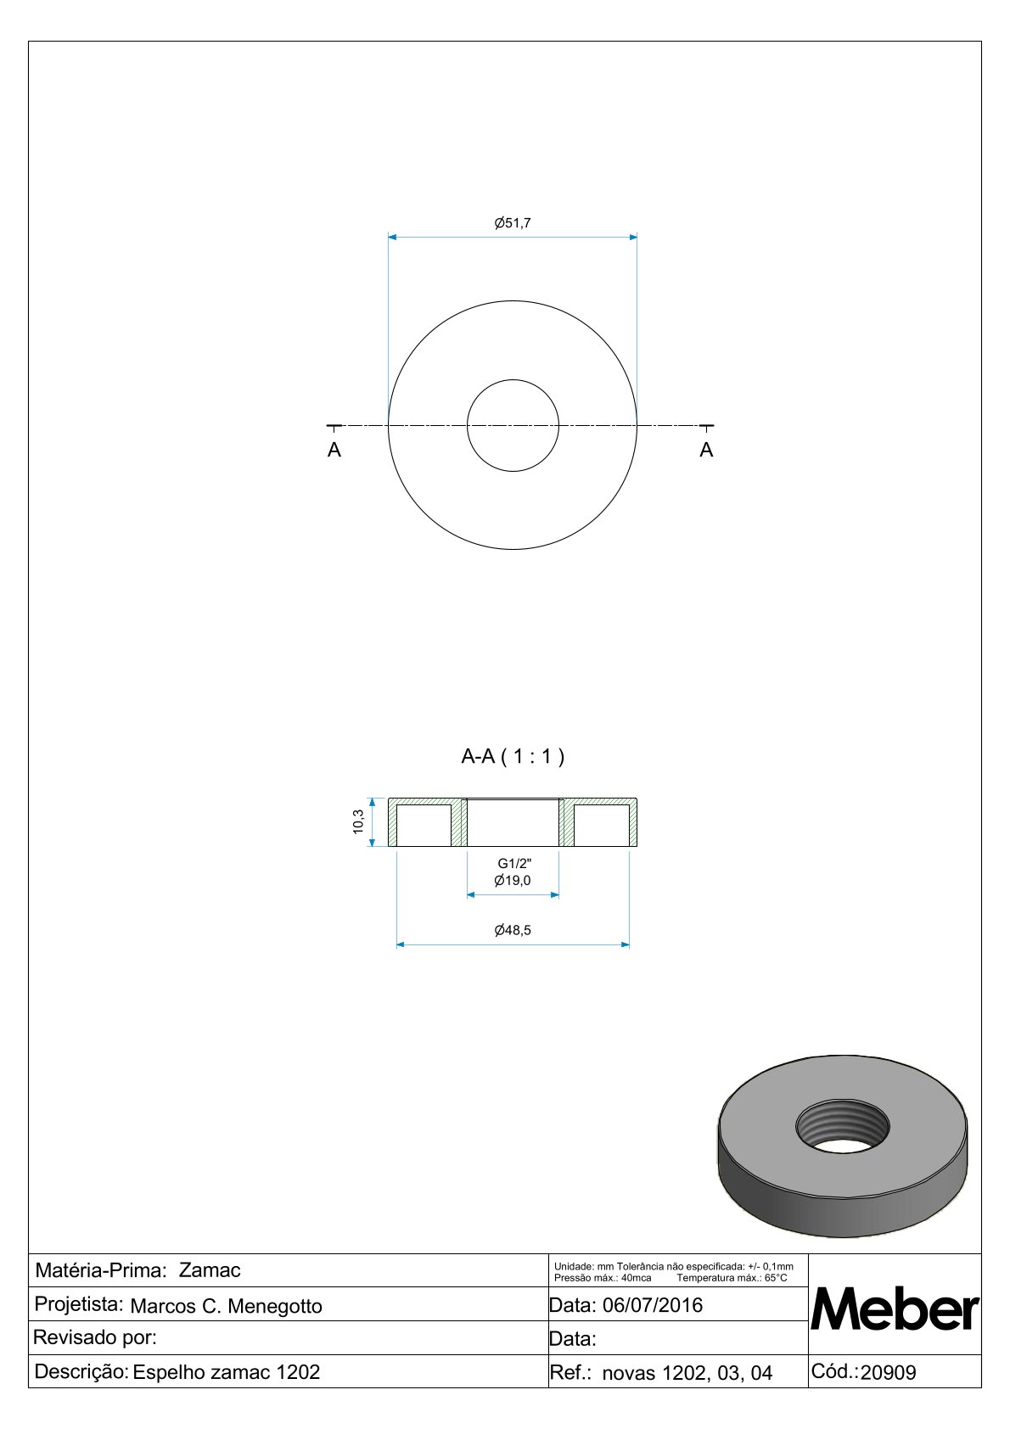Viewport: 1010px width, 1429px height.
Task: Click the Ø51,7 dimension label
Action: (513, 223)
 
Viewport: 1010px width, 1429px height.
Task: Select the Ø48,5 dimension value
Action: (513, 930)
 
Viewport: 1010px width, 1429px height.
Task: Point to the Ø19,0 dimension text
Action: (513, 880)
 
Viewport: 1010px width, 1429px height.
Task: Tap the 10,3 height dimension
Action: (358, 821)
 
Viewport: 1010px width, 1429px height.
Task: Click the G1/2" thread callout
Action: (514, 864)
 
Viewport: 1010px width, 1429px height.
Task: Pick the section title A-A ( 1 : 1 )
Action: (513, 757)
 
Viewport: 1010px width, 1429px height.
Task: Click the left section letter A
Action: (334, 450)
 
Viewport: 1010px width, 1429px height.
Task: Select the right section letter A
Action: (706, 450)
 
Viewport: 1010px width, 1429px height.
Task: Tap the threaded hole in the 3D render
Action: (843, 1127)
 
